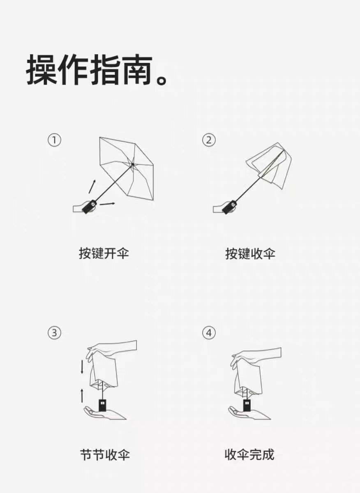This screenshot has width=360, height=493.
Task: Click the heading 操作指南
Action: [90, 69]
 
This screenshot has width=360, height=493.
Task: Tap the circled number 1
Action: [54, 140]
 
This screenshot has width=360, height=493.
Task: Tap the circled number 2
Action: [209, 140]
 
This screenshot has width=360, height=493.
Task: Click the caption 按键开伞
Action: [104, 254]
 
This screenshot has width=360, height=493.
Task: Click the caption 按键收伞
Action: [250, 254]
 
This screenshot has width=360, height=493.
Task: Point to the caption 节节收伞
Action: [105, 455]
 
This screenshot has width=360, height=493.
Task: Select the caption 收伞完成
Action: [249, 455]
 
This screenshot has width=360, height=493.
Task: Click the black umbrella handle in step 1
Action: [90, 206]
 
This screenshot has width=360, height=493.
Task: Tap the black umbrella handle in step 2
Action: [230, 207]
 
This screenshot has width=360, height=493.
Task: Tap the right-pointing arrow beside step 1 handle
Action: [107, 204]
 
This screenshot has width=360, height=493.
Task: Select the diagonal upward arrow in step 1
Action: [92, 187]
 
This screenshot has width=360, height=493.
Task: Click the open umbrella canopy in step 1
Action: [127, 168]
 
